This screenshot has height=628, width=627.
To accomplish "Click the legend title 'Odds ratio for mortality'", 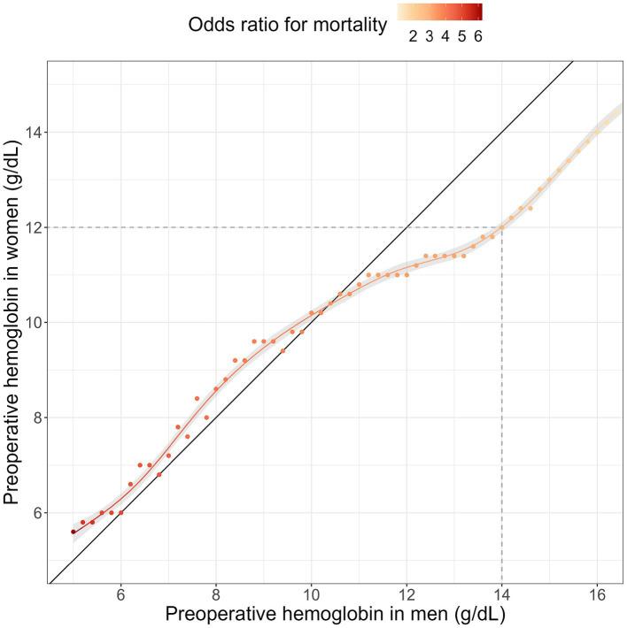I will [x=288, y=27].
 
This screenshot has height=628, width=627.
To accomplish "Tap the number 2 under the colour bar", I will [x=413, y=36].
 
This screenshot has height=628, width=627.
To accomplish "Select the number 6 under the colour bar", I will [x=477, y=36].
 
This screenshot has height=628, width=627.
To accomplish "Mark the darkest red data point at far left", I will [x=74, y=532].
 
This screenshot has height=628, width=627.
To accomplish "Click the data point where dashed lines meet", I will [x=502, y=227].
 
